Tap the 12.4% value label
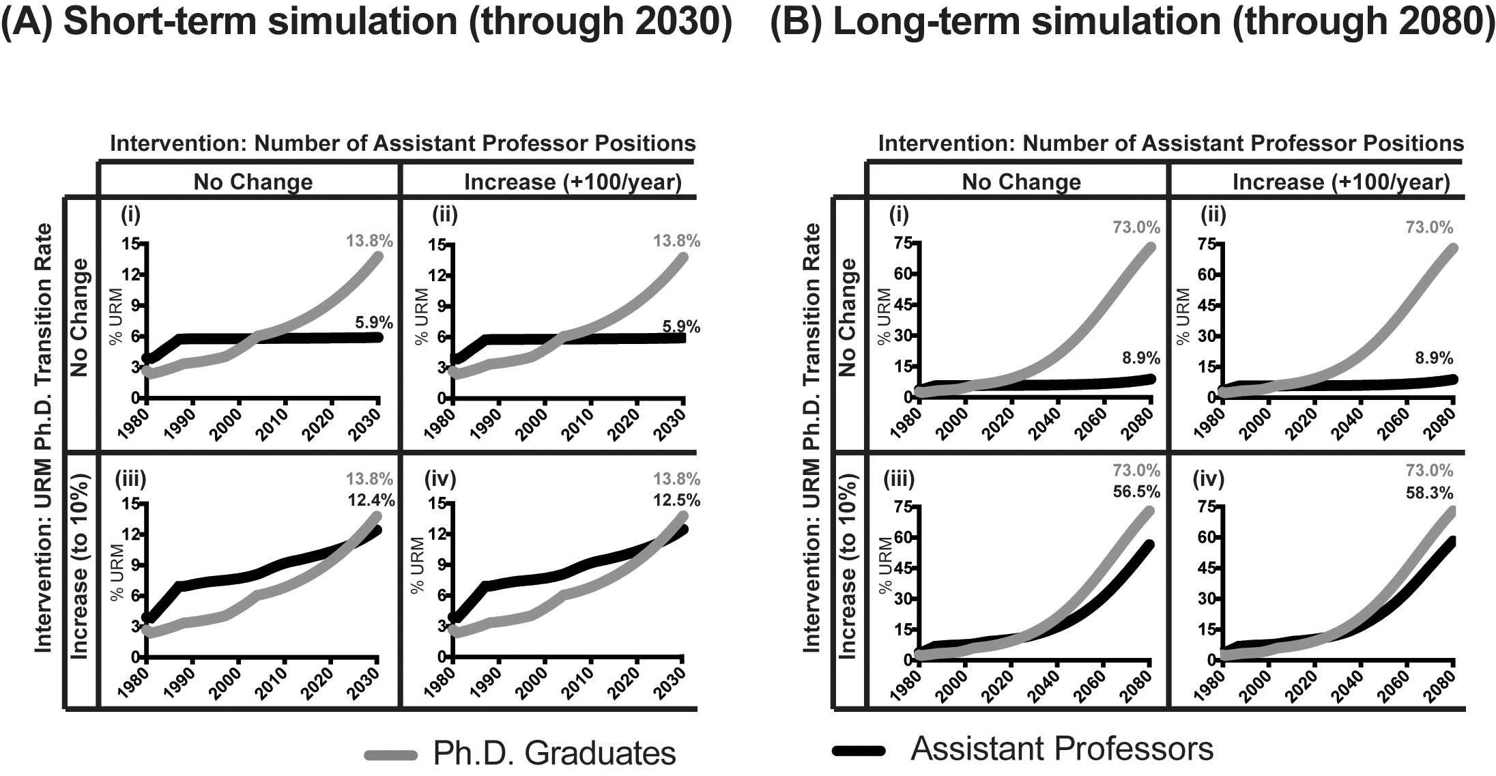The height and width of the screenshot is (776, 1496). (x=372, y=500)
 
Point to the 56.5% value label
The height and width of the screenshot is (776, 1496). (x=1136, y=491)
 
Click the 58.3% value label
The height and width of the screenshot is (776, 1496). (x=1430, y=492)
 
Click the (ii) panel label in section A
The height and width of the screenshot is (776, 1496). (x=445, y=216)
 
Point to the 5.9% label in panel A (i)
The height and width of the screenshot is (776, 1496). (x=374, y=321)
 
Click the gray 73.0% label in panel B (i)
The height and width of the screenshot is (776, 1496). (x=1137, y=227)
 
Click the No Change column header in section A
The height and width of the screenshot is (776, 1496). (x=253, y=182)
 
